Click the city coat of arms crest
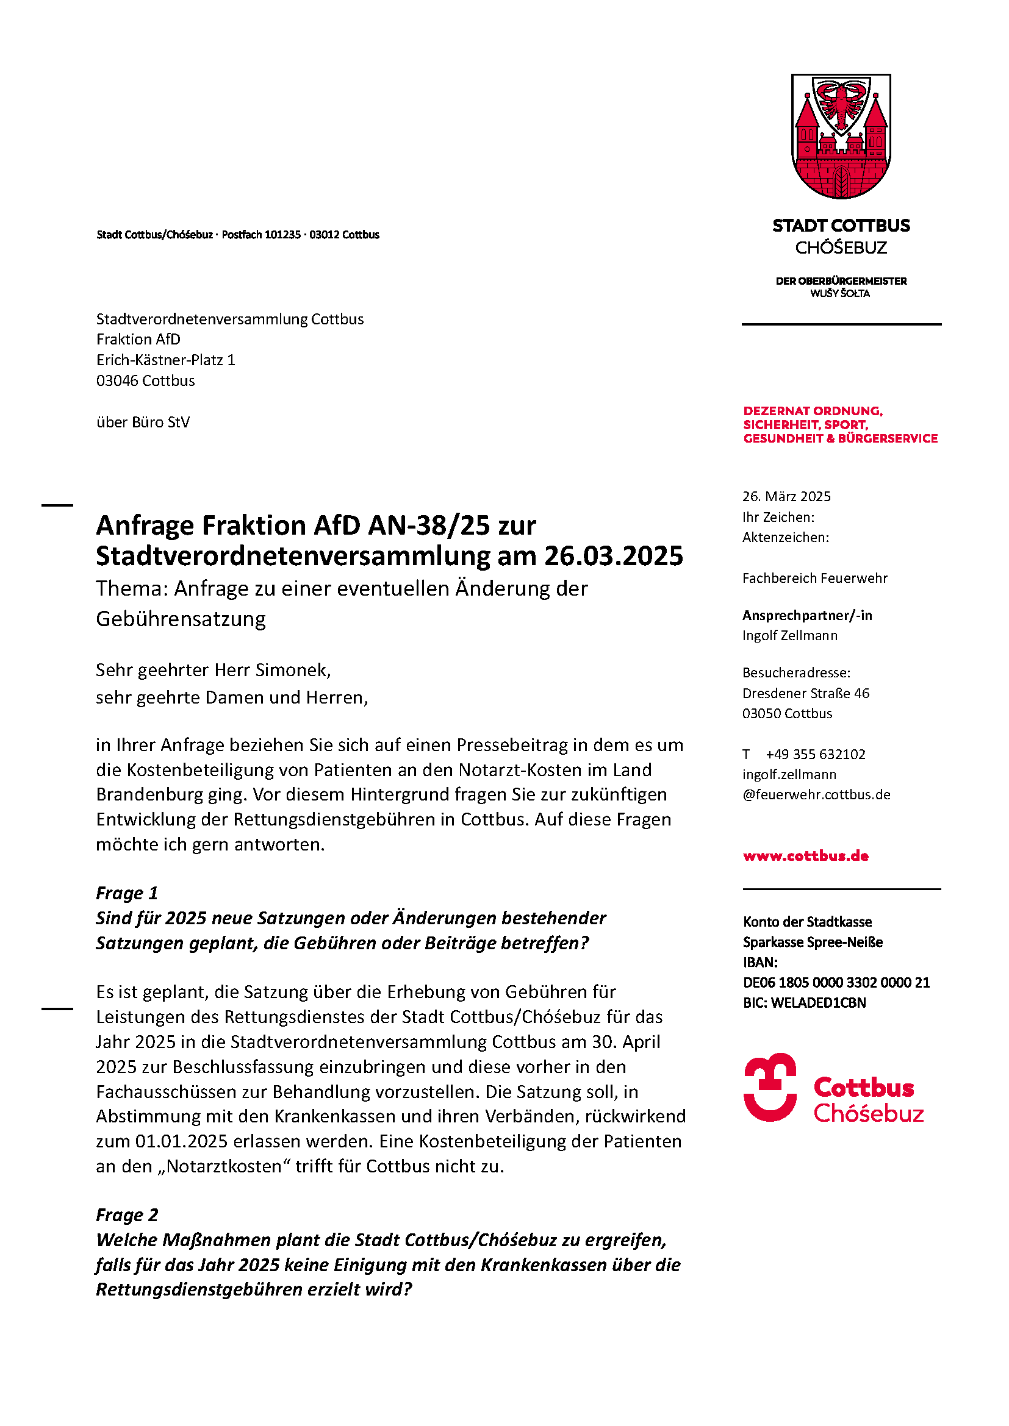pyautogui.click(x=841, y=136)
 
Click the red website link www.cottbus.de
pyautogui.click(x=805, y=856)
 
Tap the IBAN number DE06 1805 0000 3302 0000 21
pyautogui.click(x=836, y=983)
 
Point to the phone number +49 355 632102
pyautogui.click(x=815, y=754)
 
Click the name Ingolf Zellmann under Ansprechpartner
pyautogui.click(x=789, y=635)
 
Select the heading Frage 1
pyautogui.click(x=127, y=893)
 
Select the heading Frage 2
pyautogui.click(x=127, y=1215)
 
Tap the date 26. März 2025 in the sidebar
pyautogui.click(x=786, y=496)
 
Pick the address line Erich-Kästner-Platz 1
pyautogui.click(x=165, y=360)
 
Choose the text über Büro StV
pyautogui.click(x=143, y=422)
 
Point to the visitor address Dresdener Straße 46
pyautogui.click(x=806, y=693)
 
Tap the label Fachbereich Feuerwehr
pyautogui.click(x=814, y=578)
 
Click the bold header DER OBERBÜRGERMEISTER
pyautogui.click(x=841, y=281)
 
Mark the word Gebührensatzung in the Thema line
pyautogui.click(x=181, y=619)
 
